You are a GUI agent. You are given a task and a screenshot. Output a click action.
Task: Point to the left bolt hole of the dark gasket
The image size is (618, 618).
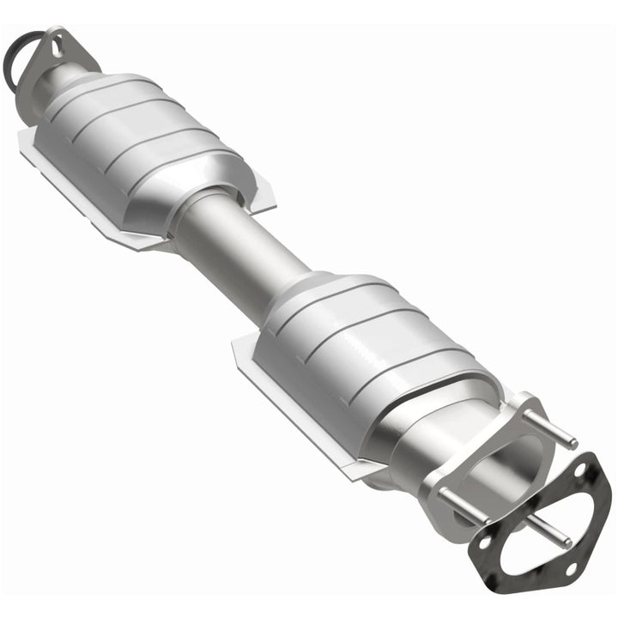tap(485, 543)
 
